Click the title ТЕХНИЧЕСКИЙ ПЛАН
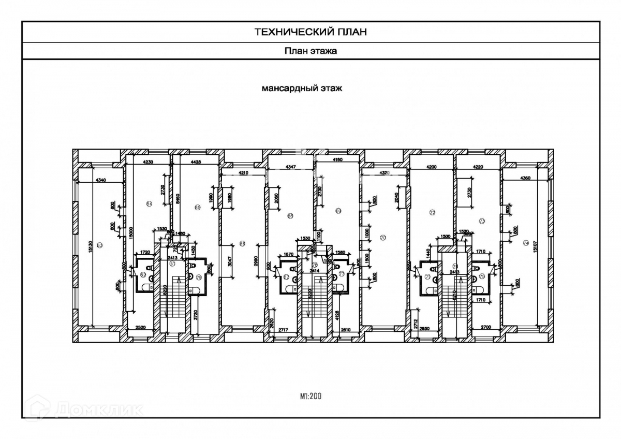(x=310, y=32)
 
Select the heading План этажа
(x=310, y=51)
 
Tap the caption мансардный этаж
(x=302, y=89)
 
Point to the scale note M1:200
(x=311, y=397)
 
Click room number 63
(x=99, y=245)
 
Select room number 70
(x=383, y=238)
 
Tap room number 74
(x=526, y=242)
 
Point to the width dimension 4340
(x=101, y=180)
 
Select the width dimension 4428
(x=196, y=162)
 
